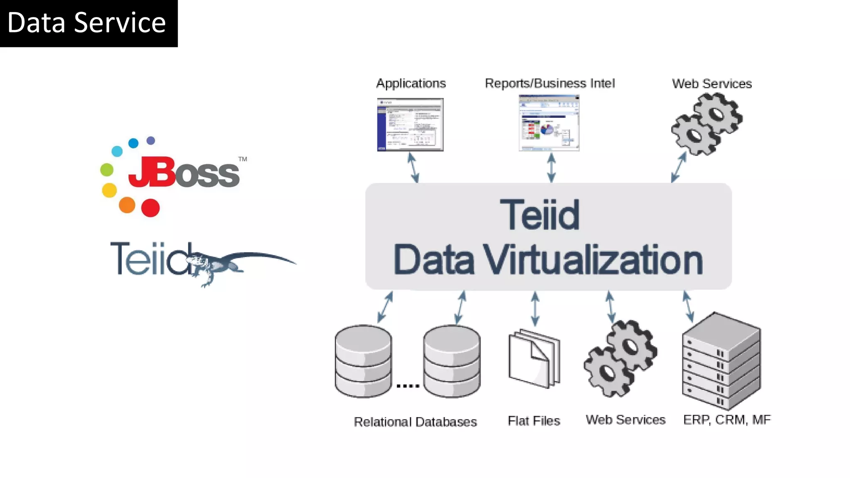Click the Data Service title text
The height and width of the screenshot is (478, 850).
(86, 23)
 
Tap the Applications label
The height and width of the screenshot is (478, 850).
(411, 84)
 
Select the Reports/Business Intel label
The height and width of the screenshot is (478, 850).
(550, 84)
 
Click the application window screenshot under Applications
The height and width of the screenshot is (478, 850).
(410, 124)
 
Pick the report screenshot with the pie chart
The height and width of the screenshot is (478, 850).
(549, 123)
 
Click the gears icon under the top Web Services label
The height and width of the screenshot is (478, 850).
(707, 124)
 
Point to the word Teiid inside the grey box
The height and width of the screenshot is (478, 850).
(539, 215)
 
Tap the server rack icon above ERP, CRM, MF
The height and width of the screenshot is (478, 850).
(721, 361)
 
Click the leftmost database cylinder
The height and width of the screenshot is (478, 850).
(363, 361)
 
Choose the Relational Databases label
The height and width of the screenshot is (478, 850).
(415, 422)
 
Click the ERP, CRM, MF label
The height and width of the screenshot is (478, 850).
(727, 420)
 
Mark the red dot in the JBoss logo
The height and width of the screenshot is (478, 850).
(150, 208)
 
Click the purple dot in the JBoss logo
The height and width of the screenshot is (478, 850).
(151, 141)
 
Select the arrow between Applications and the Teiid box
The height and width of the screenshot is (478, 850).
(413, 168)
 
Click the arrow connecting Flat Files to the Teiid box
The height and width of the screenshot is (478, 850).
(535, 308)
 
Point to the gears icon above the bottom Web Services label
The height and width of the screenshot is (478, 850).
(620, 358)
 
